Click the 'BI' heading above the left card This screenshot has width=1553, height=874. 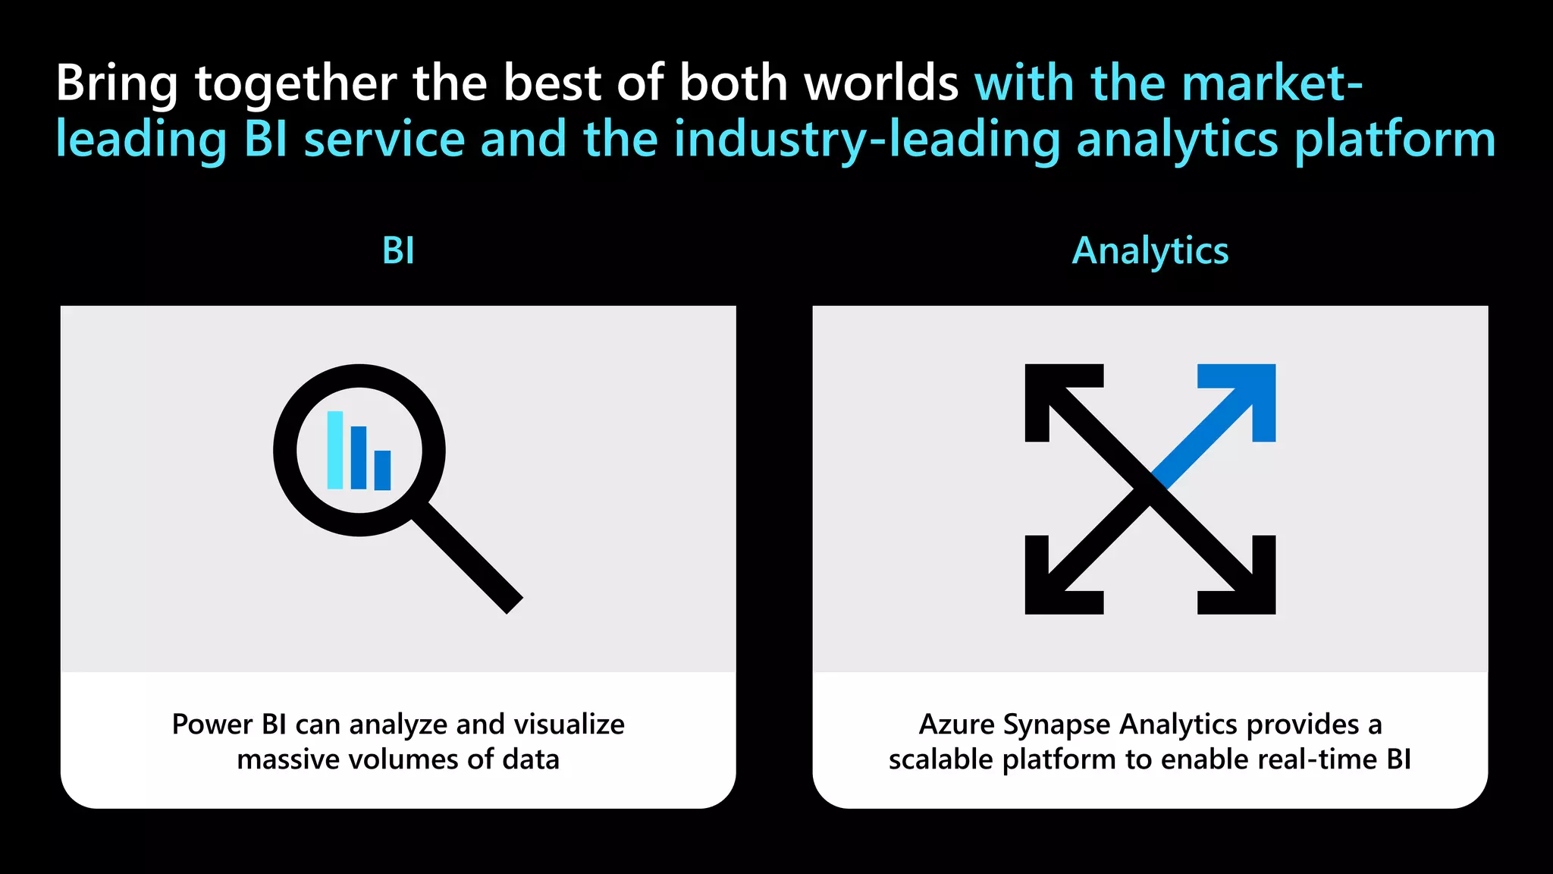point(398,251)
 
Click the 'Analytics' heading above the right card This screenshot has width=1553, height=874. point(1150,251)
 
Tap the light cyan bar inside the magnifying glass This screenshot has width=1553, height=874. point(335,450)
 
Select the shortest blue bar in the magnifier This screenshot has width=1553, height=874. point(383,470)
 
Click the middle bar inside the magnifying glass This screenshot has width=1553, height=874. point(359,457)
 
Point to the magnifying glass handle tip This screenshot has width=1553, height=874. point(513,604)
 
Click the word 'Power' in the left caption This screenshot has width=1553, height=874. point(212,725)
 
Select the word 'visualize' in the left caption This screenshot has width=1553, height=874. point(569,725)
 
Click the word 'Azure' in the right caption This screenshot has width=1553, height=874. point(956,725)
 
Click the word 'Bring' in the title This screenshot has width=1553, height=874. point(116,83)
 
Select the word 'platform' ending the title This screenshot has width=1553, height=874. point(1395,140)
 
